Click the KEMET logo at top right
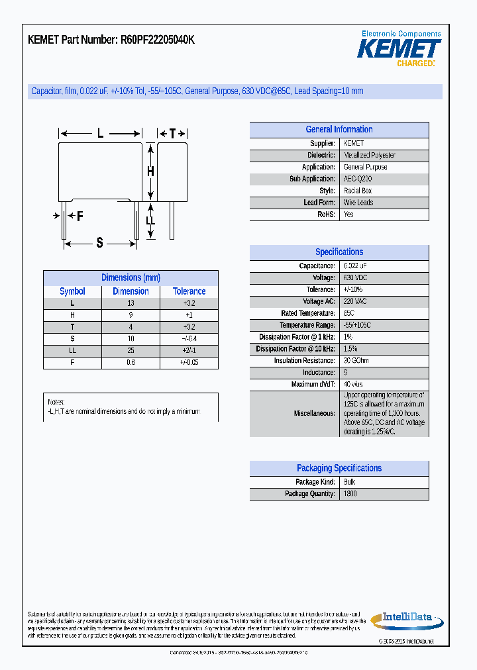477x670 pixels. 399,49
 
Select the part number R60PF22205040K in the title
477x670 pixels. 158,40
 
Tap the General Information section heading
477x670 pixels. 339,130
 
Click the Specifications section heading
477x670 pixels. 339,252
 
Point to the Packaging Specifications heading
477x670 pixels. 339,468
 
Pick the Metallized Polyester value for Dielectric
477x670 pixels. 369,155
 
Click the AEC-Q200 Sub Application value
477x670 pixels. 358,179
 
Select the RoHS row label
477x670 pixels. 327,215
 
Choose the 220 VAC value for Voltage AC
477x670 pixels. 355,301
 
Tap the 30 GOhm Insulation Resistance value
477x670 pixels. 356,361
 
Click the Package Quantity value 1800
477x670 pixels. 350,494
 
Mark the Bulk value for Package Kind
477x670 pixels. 349,482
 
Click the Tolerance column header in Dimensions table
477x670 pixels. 189,291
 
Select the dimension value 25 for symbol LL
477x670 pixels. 131,350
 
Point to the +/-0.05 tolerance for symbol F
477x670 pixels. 189,362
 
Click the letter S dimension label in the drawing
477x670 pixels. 99,243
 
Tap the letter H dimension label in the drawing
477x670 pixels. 150,171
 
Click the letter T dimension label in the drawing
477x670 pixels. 172,134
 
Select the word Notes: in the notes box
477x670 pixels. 56,402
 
